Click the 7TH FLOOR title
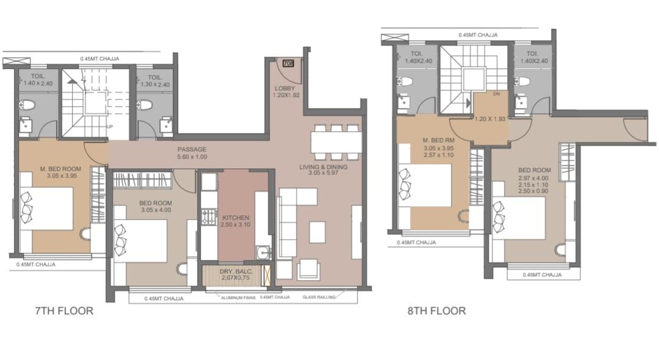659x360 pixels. tap(64, 311)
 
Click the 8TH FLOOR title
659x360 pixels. tap(437, 311)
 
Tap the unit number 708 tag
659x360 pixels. tap(288, 63)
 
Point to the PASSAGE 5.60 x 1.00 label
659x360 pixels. tap(192, 153)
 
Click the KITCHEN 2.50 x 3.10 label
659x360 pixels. tap(236, 221)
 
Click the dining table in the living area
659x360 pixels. tap(336, 142)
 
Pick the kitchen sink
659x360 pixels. tap(263, 253)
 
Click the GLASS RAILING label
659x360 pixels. tap(319, 297)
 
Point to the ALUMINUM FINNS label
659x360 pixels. tap(239, 297)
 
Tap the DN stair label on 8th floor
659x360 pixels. tap(496, 94)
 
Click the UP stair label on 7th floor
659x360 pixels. tap(110, 126)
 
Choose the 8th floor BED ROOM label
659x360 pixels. tap(534, 170)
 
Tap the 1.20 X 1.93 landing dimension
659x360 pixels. tap(490, 119)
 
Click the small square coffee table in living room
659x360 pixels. tap(317, 232)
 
